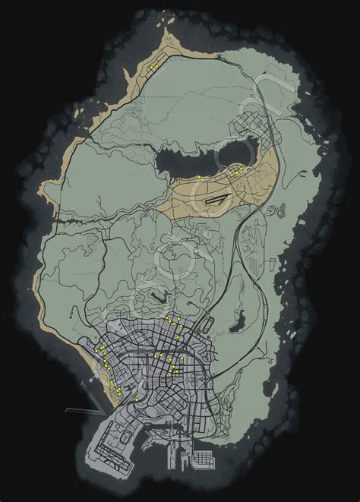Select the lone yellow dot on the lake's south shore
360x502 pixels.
click(198, 177)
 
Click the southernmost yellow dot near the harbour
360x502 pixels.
click(137, 399)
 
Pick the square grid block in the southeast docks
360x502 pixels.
click(205, 459)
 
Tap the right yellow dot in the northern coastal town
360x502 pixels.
click(156, 66)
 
